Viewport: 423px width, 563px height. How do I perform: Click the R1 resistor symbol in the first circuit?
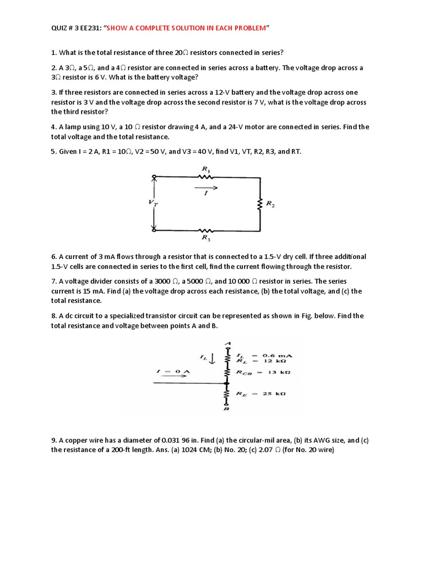click(205, 177)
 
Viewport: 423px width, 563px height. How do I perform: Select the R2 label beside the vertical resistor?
click(270, 203)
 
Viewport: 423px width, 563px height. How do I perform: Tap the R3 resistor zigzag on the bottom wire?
click(205, 230)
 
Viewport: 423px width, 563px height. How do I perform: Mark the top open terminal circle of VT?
click(154, 177)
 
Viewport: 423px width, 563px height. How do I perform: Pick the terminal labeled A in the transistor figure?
click(227, 345)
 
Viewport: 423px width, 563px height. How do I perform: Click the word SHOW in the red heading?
click(118, 27)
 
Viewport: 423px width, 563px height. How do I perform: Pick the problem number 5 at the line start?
click(53, 151)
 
